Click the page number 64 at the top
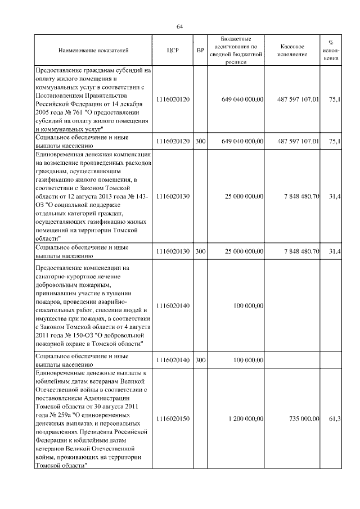pos(180,26)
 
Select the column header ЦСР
pos(173,51)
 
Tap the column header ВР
pos(200,51)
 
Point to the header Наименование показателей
pos(93,51)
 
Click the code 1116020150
pos(173,419)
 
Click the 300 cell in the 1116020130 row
pos(200,251)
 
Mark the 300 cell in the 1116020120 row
pos(200,141)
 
